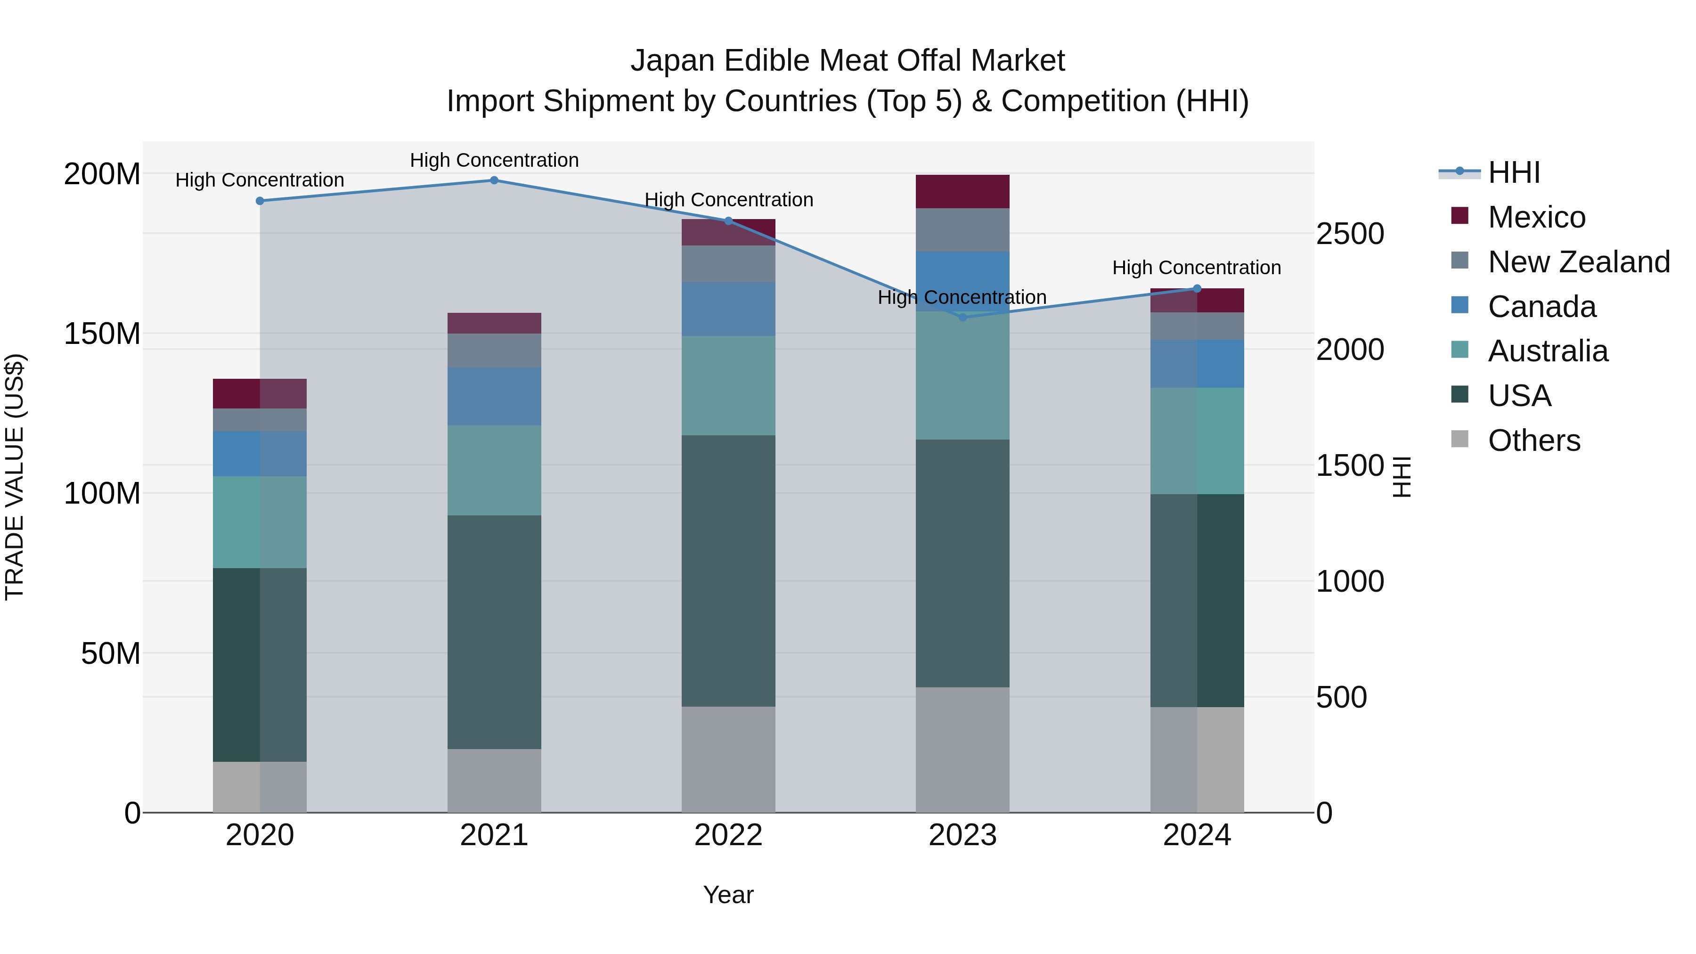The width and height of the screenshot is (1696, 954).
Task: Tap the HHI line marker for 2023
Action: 962,318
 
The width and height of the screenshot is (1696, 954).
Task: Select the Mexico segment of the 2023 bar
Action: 962,192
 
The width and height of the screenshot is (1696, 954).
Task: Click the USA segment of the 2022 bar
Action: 728,571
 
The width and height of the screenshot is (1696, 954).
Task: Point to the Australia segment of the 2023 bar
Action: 962,375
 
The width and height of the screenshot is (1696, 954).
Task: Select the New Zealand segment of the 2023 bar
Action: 962,230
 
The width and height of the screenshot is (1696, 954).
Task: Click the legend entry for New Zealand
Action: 1578,261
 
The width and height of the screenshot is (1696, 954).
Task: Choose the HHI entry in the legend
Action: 1514,172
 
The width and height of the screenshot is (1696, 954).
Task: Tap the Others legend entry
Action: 1533,440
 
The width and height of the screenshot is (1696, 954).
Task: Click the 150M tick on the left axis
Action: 102,334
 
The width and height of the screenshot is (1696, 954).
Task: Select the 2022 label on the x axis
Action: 728,835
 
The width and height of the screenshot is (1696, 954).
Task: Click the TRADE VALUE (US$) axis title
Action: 15,477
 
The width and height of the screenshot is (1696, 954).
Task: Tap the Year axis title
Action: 728,895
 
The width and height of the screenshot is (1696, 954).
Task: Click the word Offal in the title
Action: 922,61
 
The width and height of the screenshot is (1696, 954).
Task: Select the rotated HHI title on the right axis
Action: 1402,477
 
